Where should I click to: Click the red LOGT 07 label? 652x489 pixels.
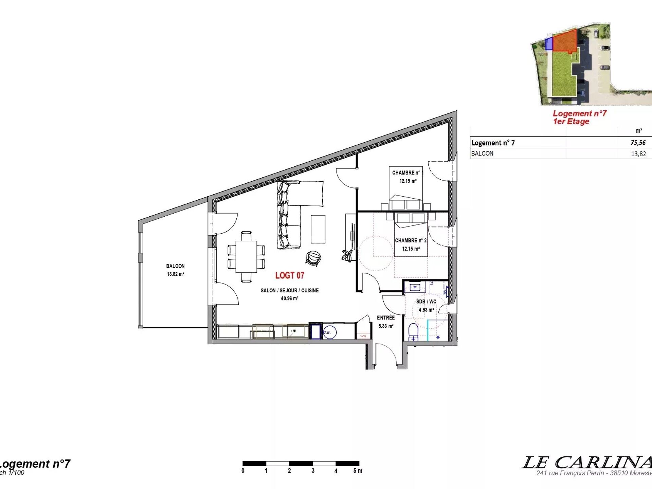click(x=290, y=275)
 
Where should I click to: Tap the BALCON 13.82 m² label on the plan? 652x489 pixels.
click(x=175, y=270)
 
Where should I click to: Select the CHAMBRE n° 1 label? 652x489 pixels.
click(x=407, y=173)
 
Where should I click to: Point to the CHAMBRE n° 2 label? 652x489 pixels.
click(x=411, y=240)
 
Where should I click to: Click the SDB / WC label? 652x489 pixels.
click(x=426, y=302)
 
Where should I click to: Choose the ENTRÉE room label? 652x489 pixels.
click(x=386, y=318)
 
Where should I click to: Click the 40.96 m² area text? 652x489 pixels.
click(x=289, y=298)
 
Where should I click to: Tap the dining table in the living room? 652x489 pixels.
click(x=247, y=256)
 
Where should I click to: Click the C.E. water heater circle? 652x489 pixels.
click(x=329, y=332)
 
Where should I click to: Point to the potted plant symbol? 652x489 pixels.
click(x=347, y=255)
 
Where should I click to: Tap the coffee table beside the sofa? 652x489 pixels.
click(x=318, y=229)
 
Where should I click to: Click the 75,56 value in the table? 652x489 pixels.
click(x=638, y=143)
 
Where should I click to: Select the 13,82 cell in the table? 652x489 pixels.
click(x=638, y=154)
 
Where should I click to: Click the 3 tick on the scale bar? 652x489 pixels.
click(x=313, y=471)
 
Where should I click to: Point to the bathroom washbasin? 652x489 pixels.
click(x=415, y=287)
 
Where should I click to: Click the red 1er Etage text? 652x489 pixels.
click(x=571, y=122)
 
